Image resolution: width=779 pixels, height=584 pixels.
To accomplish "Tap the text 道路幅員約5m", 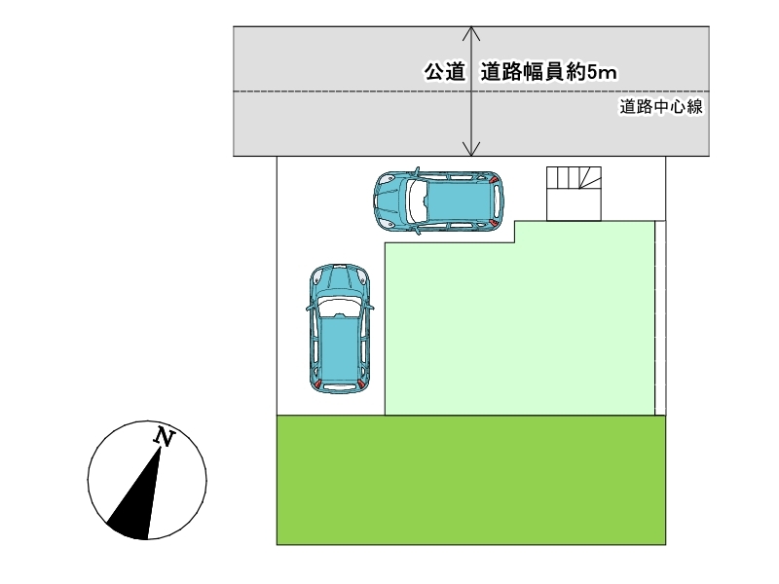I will click(550, 71).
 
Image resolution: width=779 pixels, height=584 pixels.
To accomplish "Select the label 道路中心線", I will click(661, 107).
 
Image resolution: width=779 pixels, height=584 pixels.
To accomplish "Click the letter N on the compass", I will click(165, 438).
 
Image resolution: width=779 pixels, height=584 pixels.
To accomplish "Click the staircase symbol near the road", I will click(575, 192).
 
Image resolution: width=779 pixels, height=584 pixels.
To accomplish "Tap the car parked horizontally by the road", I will click(438, 201).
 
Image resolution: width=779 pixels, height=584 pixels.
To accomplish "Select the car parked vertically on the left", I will click(340, 328).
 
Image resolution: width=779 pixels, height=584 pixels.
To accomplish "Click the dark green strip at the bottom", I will click(471, 479).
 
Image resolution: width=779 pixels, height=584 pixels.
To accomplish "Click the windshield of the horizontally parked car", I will click(418, 201).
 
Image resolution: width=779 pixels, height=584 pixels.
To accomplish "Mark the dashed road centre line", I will click(351, 91).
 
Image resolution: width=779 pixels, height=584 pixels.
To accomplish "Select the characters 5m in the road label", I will click(606, 71).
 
